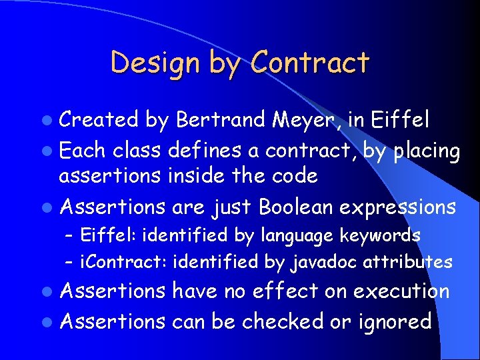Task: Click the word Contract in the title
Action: [309, 63]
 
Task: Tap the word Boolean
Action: [295, 207]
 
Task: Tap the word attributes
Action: [408, 262]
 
